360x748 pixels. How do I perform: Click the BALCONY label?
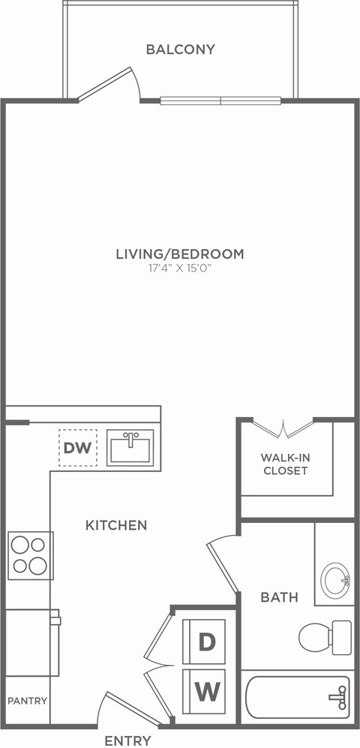pyautogui.click(x=180, y=50)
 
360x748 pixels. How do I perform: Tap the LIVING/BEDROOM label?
pyautogui.click(x=180, y=254)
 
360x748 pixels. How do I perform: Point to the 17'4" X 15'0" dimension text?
pyautogui.click(x=180, y=269)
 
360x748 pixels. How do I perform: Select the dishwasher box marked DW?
pyautogui.click(x=77, y=448)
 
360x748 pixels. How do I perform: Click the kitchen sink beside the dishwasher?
pyautogui.click(x=130, y=448)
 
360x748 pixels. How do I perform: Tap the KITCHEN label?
pyautogui.click(x=115, y=525)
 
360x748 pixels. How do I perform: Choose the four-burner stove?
pyautogui.click(x=30, y=555)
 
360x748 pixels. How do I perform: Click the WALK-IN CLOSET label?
pyautogui.click(x=284, y=464)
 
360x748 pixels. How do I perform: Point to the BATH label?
pyautogui.click(x=279, y=597)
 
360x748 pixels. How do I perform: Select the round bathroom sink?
pyautogui.click(x=334, y=580)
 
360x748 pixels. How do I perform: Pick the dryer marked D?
pyautogui.click(x=206, y=641)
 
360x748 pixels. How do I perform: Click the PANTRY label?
pyautogui.click(x=28, y=701)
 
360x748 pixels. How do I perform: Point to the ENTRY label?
pyautogui.click(x=127, y=740)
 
